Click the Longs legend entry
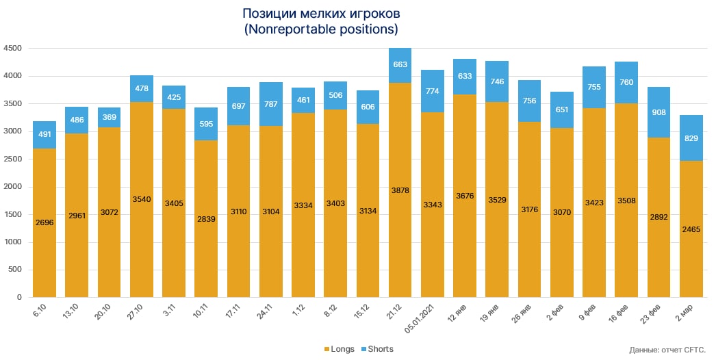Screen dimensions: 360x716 [338, 349]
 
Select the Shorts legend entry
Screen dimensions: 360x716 [376, 349]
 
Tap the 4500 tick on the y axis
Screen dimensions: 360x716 [13, 49]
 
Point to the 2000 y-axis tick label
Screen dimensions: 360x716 [13, 187]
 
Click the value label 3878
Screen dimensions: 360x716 [400, 190]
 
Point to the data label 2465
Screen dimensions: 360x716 [691, 229]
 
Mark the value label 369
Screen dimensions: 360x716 [109, 118]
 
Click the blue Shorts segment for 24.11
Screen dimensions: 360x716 [270, 104]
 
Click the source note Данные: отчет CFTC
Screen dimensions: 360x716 [667, 350]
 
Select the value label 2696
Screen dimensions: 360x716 [44, 223]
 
